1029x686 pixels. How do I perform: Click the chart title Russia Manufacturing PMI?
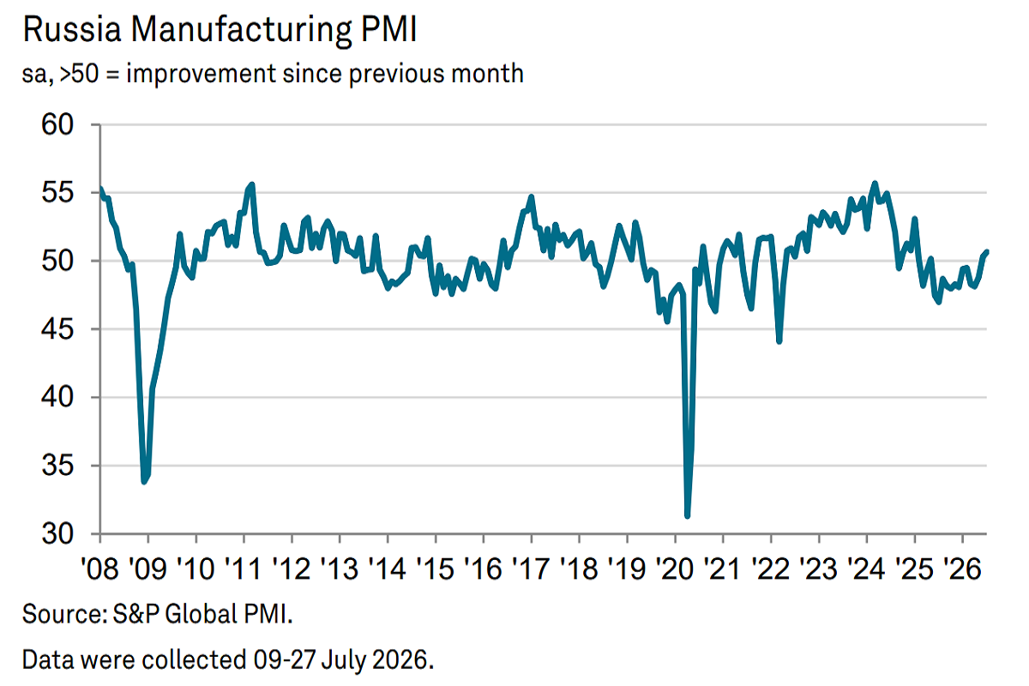pos(220,30)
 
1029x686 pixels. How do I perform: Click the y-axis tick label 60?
pos(57,124)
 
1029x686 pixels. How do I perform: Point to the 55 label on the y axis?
pos(57,193)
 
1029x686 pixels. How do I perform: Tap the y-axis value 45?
pos(57,329)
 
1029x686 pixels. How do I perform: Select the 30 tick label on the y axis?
pos(57,534)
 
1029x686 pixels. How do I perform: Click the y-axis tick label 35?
pos(57,466)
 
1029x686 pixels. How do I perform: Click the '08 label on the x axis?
pos(99,569)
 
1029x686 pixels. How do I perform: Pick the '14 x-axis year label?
pos(388,569)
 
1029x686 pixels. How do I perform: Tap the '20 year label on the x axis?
pos(675,569)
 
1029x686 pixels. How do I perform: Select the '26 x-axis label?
pos(962,569)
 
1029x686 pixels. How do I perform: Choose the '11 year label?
pos(244,569)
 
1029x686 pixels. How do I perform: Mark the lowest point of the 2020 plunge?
pos(687,516)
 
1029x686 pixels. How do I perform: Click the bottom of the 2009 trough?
pos(144,482)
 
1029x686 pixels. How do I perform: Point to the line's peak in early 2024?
pos(875,184)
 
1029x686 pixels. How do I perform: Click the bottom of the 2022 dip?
pos(779,341)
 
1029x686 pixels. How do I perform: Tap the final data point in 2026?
pos(986,252)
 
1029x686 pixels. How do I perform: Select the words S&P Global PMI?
pos(202,614)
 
